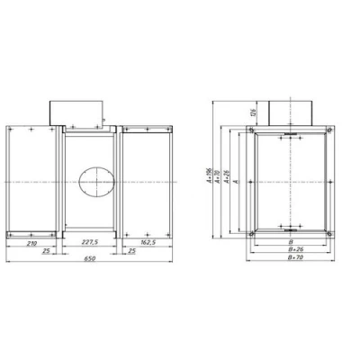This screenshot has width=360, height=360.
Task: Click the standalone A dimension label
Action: point(235,181)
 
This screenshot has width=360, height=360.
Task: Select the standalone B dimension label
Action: point(290,240)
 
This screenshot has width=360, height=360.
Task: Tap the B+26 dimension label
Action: point(290,248)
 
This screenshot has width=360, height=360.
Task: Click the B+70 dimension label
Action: point(290,256)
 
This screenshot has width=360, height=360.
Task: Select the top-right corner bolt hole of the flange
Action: point(330,130)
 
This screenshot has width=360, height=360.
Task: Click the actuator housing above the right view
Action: point(290,112)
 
